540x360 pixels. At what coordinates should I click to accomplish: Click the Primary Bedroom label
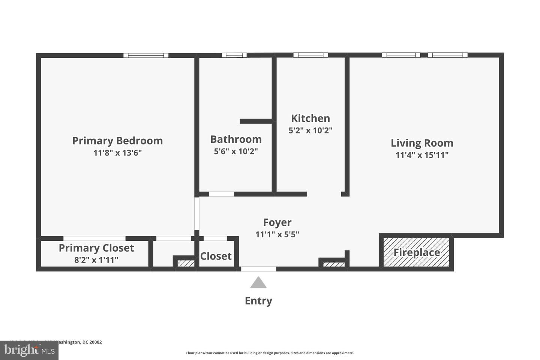(x=117, y=141)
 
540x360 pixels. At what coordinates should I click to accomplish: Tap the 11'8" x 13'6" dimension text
(x=117, y=153)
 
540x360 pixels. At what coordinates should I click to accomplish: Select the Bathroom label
(x=236, y=139)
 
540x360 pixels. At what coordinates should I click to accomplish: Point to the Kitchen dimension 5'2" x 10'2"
(x=310, y=130)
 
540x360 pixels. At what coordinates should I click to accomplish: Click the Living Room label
(x=422, y=143)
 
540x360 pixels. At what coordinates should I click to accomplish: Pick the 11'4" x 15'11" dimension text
(x=422, y=155)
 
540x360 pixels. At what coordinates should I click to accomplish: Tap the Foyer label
(x=277, y=222)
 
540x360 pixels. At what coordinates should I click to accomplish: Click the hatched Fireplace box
(x=416, y=252)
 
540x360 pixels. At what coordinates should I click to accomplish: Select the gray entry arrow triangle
(x=258, y=283)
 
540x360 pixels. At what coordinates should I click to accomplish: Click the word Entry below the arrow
(x=258, y=301)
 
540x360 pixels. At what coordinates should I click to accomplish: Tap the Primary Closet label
(x=96, y=248)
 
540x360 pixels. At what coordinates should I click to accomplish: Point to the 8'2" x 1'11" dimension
(x=96, y=260)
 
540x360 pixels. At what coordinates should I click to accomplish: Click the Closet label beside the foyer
(x=216, y=256)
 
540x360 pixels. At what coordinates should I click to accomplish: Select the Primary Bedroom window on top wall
(x=146, y=55)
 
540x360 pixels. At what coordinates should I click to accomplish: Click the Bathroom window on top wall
(x=234, y=55)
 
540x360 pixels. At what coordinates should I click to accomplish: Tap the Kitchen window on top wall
(x=310, y=55)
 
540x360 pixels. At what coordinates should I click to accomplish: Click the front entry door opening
(x=258, y=269)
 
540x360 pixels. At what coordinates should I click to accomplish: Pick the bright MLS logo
(x=29, y=351)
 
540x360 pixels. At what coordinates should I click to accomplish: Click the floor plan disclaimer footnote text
(x=270, y=353)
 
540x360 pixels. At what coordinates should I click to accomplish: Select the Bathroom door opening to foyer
(x=221, y=194)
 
